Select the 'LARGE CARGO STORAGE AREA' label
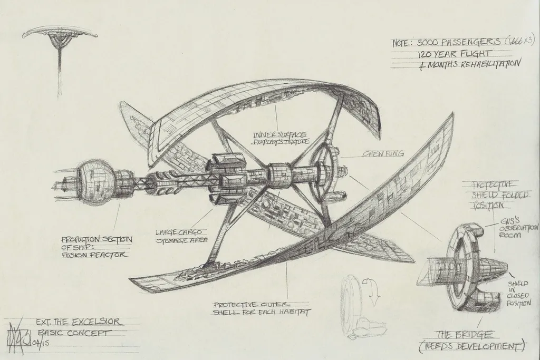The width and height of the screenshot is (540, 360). click(179, 236)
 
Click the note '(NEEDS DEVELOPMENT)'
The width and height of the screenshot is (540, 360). click(470, 346)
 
